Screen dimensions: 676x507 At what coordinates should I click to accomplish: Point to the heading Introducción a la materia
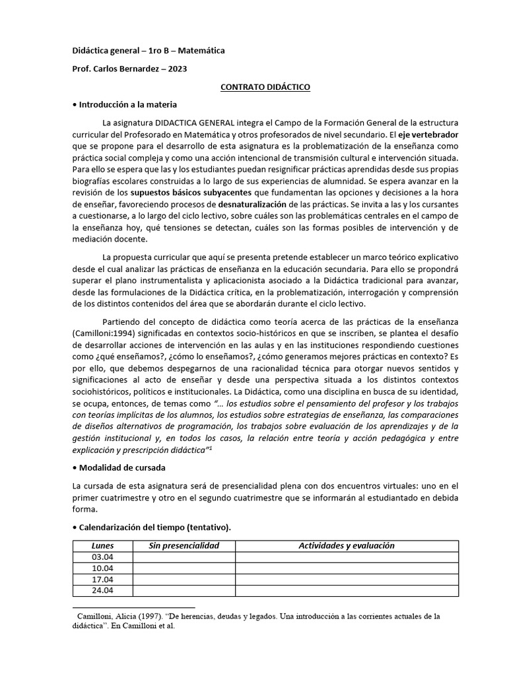(127, 104)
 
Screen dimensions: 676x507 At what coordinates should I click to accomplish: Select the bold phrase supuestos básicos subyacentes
(191, 192)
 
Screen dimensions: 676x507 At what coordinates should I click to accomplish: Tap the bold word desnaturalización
(261, 204)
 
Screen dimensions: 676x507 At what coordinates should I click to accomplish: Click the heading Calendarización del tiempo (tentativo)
(154, 527)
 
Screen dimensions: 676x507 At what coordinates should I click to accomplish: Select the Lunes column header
(102, 545)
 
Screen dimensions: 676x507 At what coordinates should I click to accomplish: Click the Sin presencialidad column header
(184, 545)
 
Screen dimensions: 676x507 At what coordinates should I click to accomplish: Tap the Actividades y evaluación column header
(347, 545)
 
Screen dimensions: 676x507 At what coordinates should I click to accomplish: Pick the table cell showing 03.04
(102, 557)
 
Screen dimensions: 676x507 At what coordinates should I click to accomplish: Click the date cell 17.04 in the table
(102, 580)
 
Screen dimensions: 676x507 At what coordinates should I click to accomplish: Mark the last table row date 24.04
(102, 591)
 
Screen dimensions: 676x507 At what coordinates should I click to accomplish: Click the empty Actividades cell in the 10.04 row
(347, 568)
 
